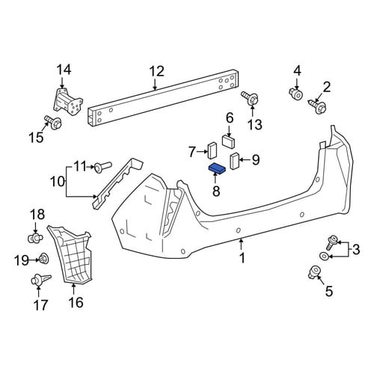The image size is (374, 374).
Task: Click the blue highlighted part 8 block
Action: (x=217, y=168)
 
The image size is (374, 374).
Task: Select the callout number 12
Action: (x=157, y=71)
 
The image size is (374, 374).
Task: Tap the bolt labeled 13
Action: (x=250, y=98)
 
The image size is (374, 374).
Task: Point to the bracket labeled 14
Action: (x=68, y=102)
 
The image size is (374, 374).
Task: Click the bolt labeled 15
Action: (x=53, y=122)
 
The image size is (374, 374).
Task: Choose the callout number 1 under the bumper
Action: (x=242, y=258)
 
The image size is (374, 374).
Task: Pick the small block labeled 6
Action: (x=229, y=141)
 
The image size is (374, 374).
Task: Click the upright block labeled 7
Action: (x=212, y=150)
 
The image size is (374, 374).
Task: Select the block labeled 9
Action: (x=235, y=161)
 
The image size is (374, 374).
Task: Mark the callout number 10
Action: (x=58, y=181)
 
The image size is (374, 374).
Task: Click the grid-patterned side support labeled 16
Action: (x=70, y=254)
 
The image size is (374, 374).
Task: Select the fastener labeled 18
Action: (x=35, y=239)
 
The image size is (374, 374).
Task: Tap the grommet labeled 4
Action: (x=296, y=94)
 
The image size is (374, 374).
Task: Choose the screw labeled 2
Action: (x=317, y=106)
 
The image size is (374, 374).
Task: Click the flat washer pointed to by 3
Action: (x=324, y=256)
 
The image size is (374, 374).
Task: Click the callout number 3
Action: (x=356, y=249)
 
